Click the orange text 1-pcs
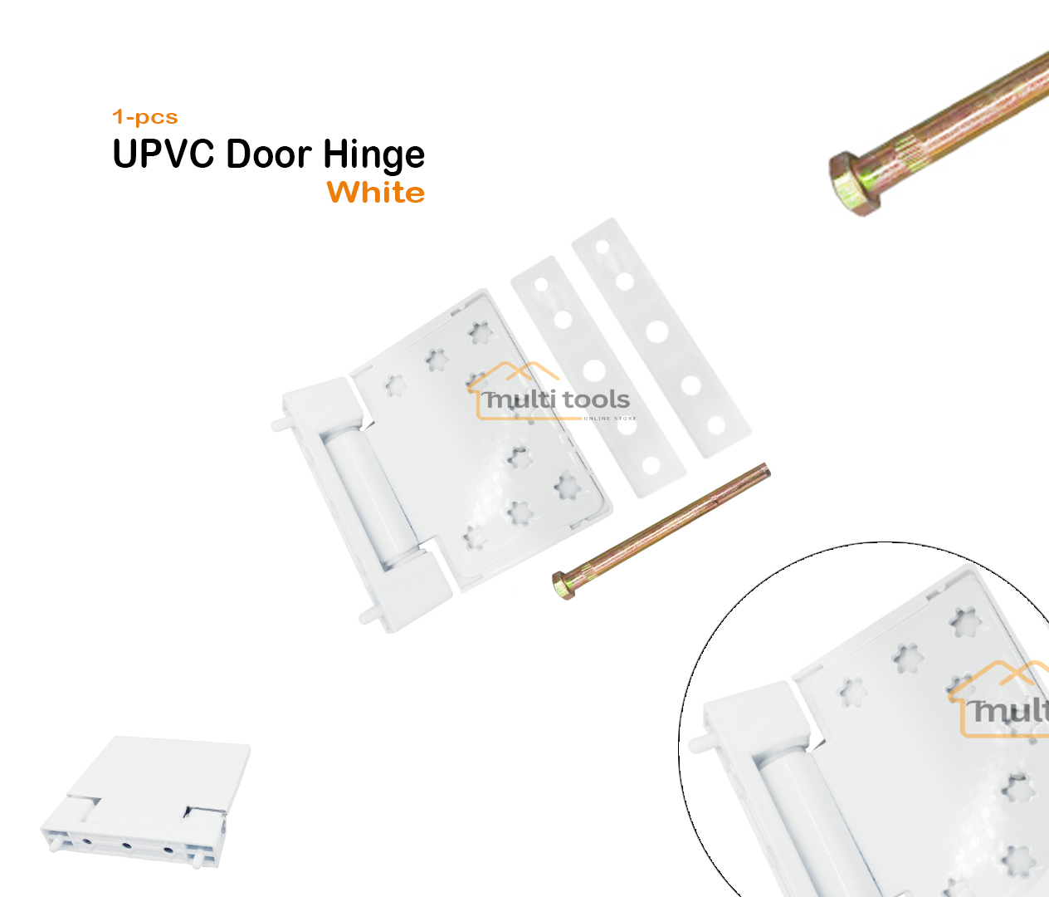[145, 117]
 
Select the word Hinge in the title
[373, 156]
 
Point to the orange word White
[376, 193]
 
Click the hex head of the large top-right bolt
[851, 184]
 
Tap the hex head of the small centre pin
[564, 585]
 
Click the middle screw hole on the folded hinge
[127, 846]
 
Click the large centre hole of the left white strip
[594, 370]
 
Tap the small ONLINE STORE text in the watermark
[610, 419]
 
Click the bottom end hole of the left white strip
[652, 466]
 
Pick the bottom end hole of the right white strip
[716, 426]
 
